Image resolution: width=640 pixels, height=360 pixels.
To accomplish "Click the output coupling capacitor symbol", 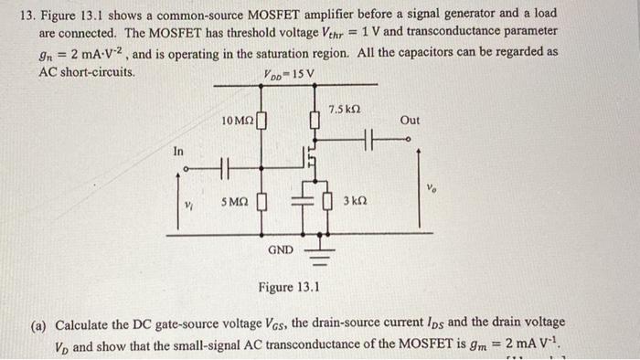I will click(370, 139).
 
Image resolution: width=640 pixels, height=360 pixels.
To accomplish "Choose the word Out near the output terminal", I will click(411, 120).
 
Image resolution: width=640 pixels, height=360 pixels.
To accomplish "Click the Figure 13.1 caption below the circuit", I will click(288, 289).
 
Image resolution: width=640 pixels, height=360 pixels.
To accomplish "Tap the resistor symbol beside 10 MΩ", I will click(262, 121).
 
